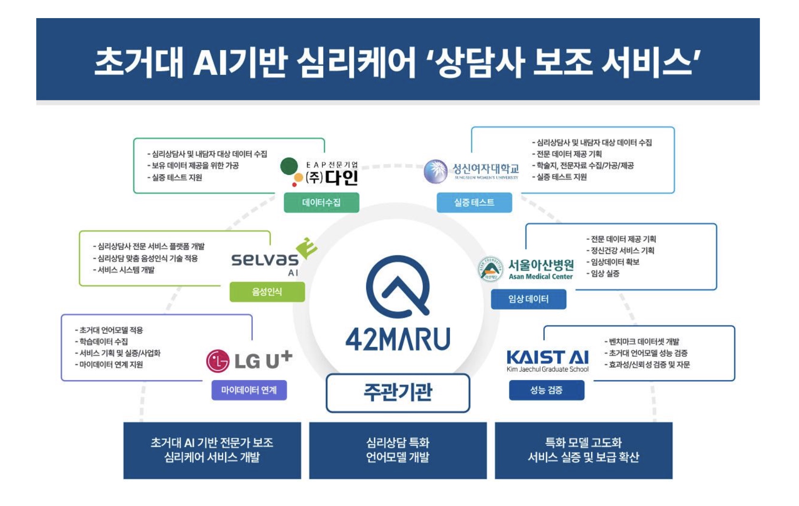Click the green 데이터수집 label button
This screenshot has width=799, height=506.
321,202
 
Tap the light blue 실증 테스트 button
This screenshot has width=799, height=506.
474,202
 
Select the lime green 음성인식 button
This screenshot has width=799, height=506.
267,292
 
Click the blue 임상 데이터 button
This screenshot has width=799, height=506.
529,299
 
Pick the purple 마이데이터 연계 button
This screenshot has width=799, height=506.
249,390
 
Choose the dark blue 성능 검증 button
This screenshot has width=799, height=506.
547,390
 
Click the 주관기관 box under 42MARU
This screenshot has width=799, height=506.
398,393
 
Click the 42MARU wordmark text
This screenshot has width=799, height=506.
398,339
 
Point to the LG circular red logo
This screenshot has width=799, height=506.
218,361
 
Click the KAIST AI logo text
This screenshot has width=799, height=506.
548,357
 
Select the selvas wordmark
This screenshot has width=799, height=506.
265,260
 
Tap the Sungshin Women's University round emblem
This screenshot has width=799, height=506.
436,172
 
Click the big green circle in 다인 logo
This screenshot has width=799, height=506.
289,166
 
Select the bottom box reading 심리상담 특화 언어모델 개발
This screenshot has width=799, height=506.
398,450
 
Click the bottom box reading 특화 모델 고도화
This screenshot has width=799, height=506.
583,450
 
